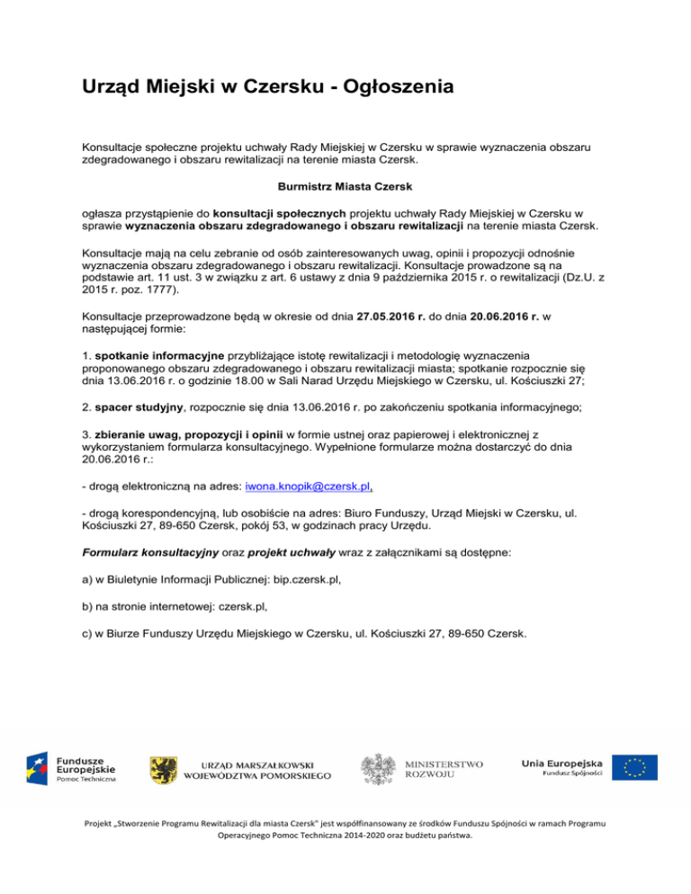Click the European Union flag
click(635, 767)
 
